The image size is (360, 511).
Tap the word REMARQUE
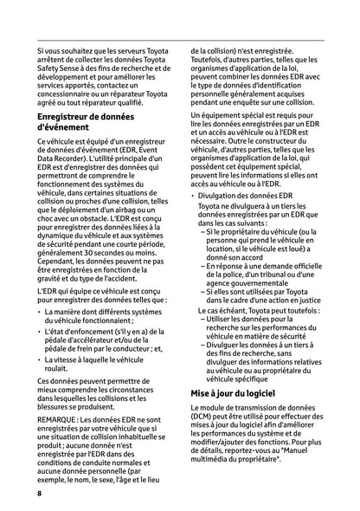pos(59,419)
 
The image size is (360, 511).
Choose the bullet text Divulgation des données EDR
pos(249,221)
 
